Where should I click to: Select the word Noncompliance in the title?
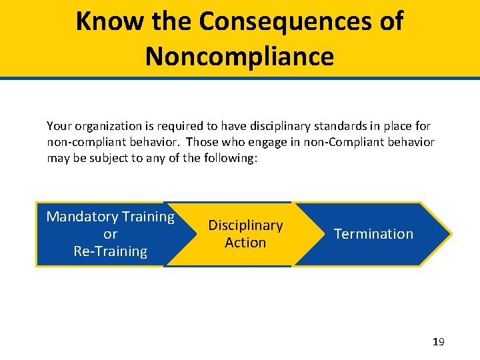(239, 56)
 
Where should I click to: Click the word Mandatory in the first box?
(73, 217)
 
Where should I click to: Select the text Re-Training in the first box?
(111, 251)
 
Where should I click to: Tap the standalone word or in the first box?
(111, 234)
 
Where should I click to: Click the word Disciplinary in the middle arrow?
(245, 225)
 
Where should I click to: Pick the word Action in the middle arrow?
(245, 243)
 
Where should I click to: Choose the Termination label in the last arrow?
(373, 234)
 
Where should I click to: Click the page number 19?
(438, 342)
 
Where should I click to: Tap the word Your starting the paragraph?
(59, 125)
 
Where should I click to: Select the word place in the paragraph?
(397, 125)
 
